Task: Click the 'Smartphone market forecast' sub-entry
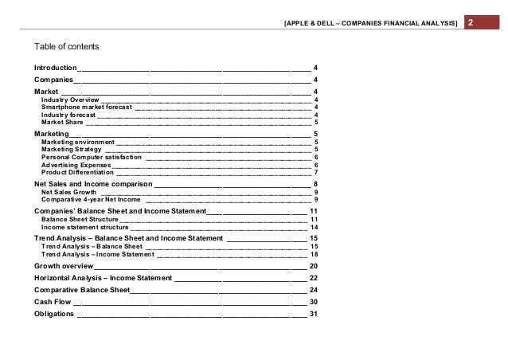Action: point(87,107)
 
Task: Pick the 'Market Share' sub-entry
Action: point(62,123)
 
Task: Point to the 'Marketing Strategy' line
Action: point(72,149)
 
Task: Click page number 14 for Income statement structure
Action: point(314,227)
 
